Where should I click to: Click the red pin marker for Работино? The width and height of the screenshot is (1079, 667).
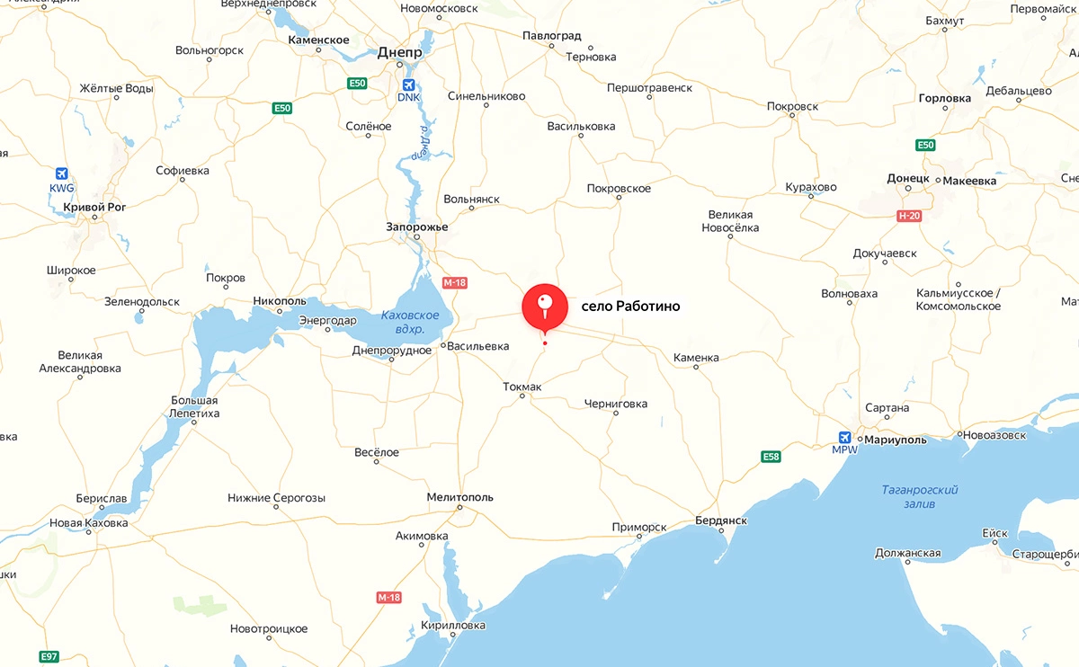point(544,307)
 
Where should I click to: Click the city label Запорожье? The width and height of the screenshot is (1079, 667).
point(416,227)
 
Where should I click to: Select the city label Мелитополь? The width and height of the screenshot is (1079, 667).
point(460,497)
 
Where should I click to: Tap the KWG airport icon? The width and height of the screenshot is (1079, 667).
point(61,173)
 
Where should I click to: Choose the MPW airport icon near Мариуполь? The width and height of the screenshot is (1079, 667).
point(843,436)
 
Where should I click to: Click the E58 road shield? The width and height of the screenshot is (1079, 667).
point(771,457)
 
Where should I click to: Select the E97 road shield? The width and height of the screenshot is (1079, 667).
point(49,656)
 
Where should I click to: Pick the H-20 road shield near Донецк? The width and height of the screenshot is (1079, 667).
point(909,216)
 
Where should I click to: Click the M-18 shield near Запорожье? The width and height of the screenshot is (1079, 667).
point(455,282)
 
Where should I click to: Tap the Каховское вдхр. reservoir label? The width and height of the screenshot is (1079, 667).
point(410,322)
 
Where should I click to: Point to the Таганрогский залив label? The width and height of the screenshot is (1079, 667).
point(920,496)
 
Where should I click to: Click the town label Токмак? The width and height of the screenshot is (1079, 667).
point(522,387)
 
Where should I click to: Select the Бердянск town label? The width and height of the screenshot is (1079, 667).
point(721,520)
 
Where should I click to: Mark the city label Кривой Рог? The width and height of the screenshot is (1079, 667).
point(95,207)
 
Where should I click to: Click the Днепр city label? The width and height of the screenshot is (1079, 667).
point(400,52)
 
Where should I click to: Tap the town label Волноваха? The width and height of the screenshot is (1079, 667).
point(849,293)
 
